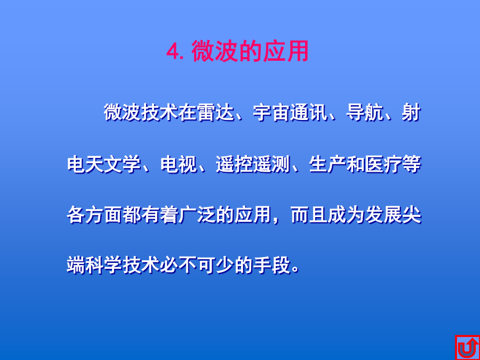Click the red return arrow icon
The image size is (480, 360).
point(467,347)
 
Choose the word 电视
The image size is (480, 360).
point(179,165)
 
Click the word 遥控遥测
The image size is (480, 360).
point(253,165)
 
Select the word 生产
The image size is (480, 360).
point(327,165)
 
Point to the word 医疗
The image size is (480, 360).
point(384,165)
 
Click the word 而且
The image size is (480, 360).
point(309,215)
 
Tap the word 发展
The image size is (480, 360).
point(384,215)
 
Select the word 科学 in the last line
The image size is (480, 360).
point(104,265)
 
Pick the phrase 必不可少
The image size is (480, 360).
point(197,265)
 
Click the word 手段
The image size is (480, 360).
point(272,265)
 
